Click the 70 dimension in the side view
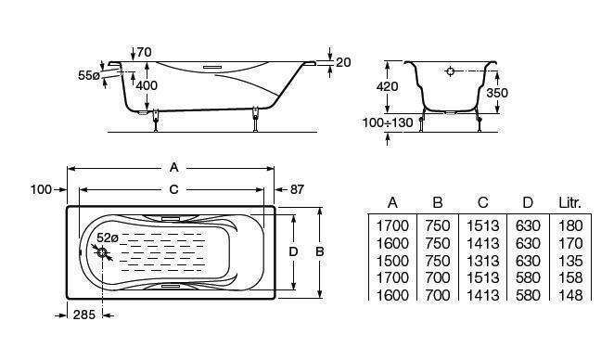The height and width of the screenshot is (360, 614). [144, 52]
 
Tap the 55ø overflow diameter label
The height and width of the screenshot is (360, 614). [88, 75]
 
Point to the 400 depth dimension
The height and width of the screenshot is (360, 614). [147, 85]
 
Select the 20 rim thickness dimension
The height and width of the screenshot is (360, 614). [343, 62]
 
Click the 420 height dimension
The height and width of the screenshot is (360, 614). [387, 86]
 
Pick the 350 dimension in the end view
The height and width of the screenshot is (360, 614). [497, 93]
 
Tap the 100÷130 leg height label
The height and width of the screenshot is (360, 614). [388, 123]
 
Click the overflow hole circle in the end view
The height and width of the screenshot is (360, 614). [451, 71]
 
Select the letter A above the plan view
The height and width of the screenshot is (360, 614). [173, 168]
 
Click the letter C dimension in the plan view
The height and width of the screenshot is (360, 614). [173, 189]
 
